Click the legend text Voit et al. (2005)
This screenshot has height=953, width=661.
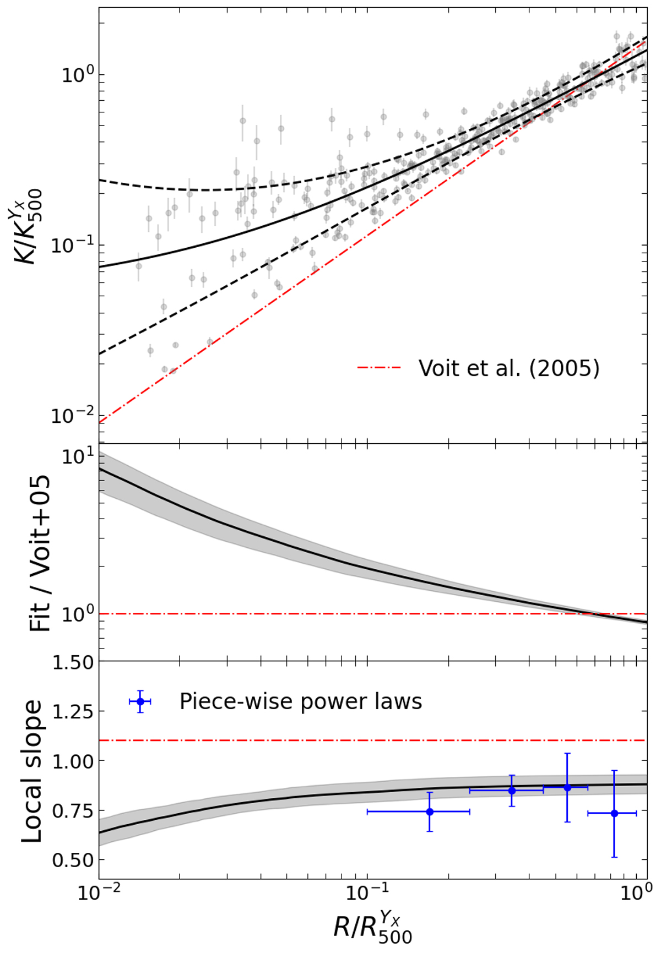point(508,368)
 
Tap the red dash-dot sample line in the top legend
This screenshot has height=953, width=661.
point(379,368)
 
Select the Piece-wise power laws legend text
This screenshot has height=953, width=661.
point(301,701)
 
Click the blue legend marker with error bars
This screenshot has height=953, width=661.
point(140,701)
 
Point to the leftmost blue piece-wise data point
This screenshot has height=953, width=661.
point(430,812)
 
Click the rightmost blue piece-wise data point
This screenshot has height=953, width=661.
point(614,813)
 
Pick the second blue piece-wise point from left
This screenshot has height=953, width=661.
point(512,791)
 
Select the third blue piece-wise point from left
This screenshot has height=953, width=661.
point(567,788)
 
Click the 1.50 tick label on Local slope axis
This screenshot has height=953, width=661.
point(73,663)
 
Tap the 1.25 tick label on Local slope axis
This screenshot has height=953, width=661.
point(73,712)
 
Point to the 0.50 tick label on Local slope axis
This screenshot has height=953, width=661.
point(73,860)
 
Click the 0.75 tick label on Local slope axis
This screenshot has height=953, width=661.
point(73,810)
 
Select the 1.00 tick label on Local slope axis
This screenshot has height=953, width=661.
point(73,761)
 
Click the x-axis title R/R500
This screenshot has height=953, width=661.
point(372,929)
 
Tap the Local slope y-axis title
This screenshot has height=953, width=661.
point(31,771)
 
